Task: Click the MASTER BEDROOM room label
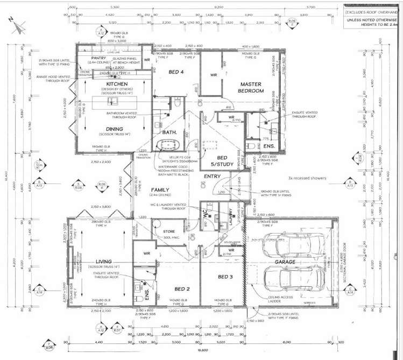tap(251, 88)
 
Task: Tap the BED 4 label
tap(175, 72)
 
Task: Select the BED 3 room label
tap(225, 276)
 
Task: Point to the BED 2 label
tap(178, 289)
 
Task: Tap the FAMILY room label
tap(160, 190)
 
